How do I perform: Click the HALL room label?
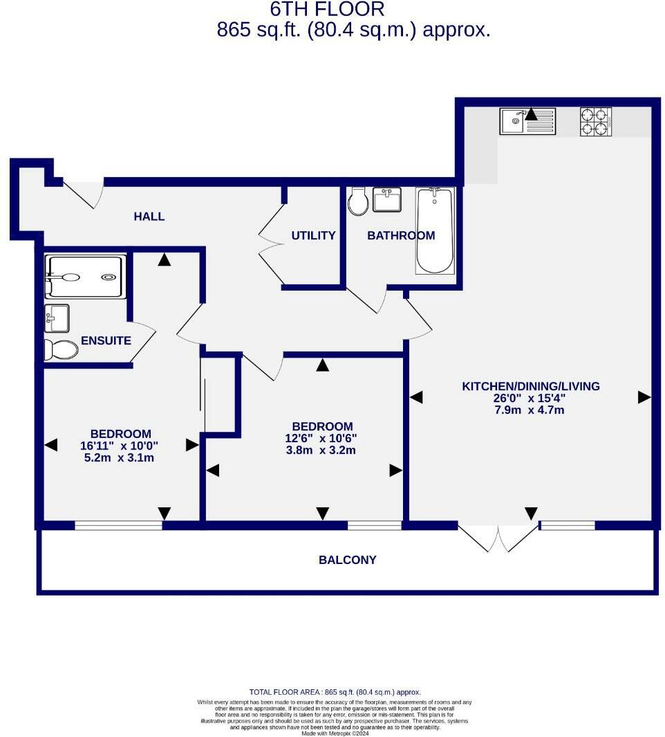click(149, 217)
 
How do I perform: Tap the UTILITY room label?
click(313, 235)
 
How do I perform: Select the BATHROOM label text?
click(401, 235)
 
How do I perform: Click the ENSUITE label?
click(106, 340)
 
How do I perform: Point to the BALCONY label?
click(347, 560)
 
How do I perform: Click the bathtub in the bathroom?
click(435, 230)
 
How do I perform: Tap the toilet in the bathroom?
click(358, 201)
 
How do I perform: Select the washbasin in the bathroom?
click(388, 199)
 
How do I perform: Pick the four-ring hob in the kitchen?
click(595, 122)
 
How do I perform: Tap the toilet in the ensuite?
click(62, 349)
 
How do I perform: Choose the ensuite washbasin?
click(57, 318)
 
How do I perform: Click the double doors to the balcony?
click(498, 538)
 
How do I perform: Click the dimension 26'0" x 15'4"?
click(531, 398)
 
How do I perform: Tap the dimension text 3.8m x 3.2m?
click(322, 451)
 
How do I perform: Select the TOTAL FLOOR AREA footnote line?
click(335, 692)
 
